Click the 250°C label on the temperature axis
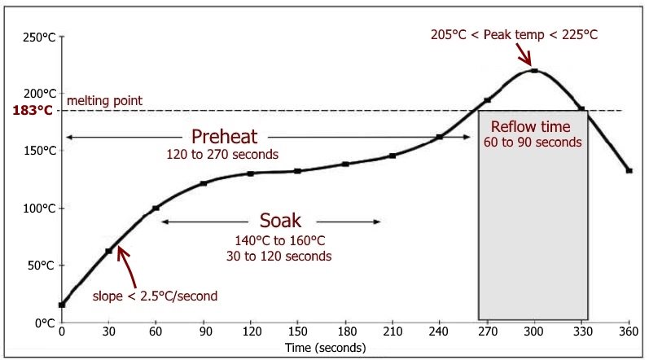tap(35, 37)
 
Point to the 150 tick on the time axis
tap(298, 332)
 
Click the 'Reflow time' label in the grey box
tap(533, 127)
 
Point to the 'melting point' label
tap(104, 100)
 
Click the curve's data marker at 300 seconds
tap(534, 71)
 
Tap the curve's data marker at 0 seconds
tap(62, 305)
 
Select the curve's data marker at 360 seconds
tap(629, 171)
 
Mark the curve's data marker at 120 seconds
tap(251, 173)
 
